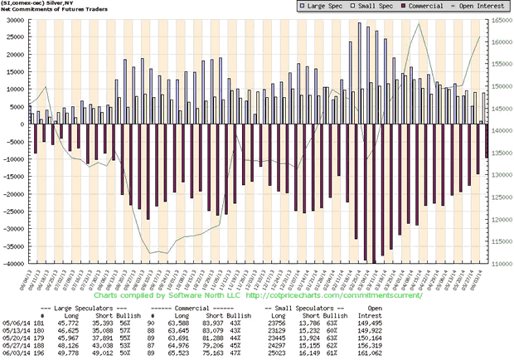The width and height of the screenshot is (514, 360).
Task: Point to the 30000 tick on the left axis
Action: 15,20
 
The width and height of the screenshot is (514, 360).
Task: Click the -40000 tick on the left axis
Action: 13,264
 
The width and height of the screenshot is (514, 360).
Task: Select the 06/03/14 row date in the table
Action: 16,353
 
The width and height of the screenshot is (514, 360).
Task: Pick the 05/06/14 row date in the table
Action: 16,324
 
